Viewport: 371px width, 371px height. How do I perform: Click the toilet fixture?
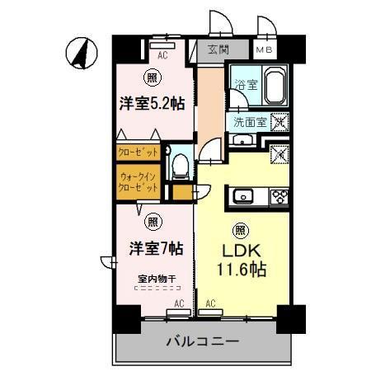click(x=179, y=165)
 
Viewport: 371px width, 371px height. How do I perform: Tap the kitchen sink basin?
click(x=244, y=197)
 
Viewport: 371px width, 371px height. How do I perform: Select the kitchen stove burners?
click(x=278, y=197)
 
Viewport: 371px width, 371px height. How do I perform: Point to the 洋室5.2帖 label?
click(x=151, y=104)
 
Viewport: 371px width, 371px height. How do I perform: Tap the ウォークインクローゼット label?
click(x=137, y=181)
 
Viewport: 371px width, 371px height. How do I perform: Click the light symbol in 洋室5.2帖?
click(x=152, y=78)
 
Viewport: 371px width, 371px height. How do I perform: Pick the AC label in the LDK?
click(x=211, y=303)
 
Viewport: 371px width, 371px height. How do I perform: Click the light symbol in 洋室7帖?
click(x=153, y=221)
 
